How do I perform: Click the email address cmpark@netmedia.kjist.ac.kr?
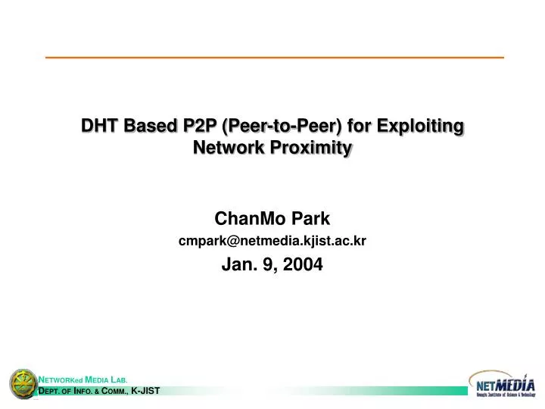tap(272, 241)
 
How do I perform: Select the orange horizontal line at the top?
tap(274, 58)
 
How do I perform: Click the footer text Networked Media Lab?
tap(83, 379)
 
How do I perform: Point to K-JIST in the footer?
tap(145, 391)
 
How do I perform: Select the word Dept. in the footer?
tap(52, 391)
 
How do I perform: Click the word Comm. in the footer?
tap(114, 391)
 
